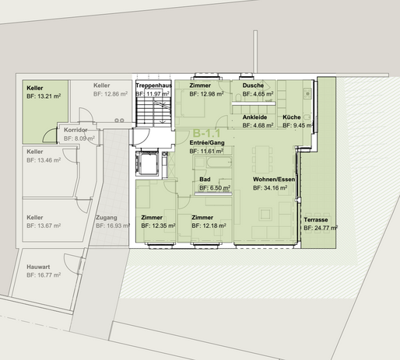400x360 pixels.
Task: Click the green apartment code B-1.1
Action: click(206, 133)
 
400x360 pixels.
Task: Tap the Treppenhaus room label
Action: click(153, 86)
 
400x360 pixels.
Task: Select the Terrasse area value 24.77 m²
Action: click(321, 228)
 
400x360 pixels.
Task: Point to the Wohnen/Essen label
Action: click(274, 180)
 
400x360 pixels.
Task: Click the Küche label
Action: click(292, 117)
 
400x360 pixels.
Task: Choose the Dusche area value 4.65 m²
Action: click(258, 94)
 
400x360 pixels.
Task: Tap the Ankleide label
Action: click(254, 117)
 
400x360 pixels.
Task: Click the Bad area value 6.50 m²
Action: click(215, 188)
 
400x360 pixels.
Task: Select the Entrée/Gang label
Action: click(207, 142)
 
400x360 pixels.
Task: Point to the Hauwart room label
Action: click(38, 267)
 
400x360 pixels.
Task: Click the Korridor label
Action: click(75, 130)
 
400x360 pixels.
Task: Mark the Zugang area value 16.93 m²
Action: click(113, 225)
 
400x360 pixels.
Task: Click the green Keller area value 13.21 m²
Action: click(44, 96)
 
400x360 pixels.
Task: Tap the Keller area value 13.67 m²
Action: click(44, 225)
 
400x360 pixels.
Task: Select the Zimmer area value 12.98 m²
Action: click(206, 94)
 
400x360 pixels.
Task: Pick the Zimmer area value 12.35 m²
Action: click(158, 225)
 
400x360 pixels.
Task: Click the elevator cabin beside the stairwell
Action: click(147, 163)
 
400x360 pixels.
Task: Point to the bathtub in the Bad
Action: click(219, 163)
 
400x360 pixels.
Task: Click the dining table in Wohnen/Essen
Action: click(262, 160)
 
